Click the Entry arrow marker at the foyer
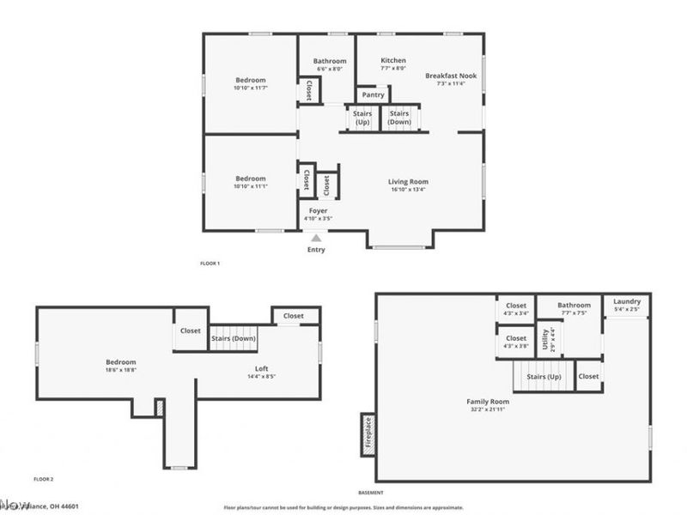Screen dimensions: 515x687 pos(316,238)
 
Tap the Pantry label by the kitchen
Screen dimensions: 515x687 pos(373,95)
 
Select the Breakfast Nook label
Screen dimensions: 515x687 pos(450,76)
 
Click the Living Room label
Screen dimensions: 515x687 pos(408,182)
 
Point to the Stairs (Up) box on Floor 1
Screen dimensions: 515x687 pos(362,118)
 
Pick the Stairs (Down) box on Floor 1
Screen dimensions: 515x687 pos(399,118)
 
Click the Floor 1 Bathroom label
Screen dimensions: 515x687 pos(330,61)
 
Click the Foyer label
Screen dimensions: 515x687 pos(318,210)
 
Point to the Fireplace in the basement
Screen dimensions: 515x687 pos(368,434)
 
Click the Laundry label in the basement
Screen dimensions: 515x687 pos(627,302)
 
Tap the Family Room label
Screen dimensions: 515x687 pos(488,402)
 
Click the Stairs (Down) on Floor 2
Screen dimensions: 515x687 pos(234,338)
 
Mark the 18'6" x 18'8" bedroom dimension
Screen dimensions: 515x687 pos(120,371)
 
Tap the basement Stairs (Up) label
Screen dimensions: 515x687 pos(544,377)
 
